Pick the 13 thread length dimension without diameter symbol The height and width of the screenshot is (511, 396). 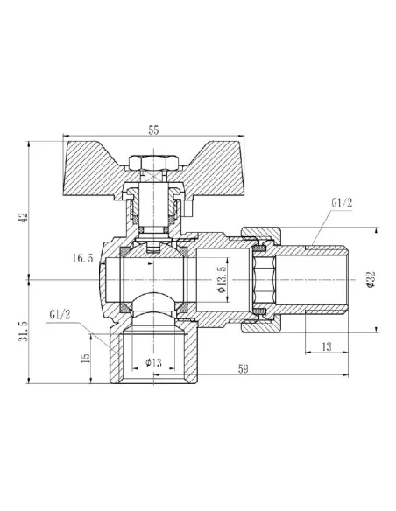coord(327,347)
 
